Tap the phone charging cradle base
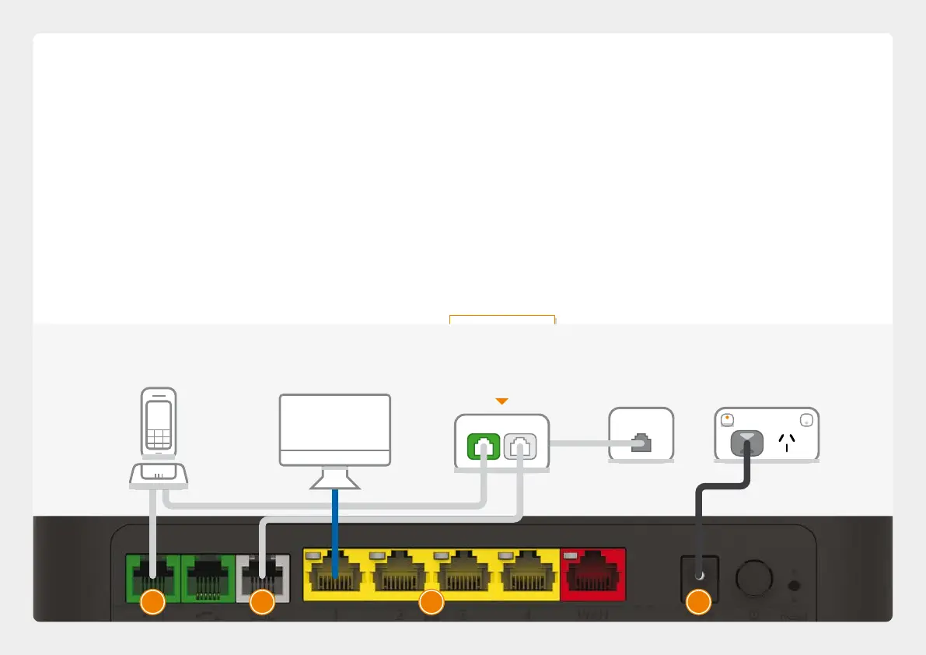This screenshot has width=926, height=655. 159,475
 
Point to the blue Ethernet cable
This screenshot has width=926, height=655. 334,529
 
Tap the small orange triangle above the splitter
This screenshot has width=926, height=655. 501,401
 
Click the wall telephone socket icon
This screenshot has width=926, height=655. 641,443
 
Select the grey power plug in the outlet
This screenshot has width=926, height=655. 746,443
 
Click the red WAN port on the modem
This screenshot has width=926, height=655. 592,574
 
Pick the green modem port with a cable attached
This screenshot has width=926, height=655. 152,576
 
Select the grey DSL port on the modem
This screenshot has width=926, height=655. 263,576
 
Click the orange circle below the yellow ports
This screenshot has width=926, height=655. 431,602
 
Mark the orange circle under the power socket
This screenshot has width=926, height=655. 698,602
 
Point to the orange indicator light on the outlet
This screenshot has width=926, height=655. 726,418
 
